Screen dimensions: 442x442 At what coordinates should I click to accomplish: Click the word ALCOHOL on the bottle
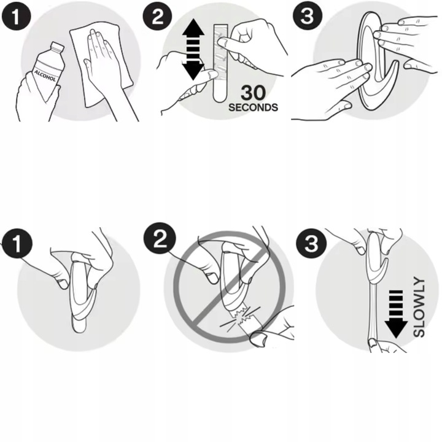(x=45, y=76)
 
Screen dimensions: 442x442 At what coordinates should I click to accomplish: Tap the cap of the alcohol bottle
(x=58, y=47)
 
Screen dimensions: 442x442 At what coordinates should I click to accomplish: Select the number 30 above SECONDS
(x=254, y=93)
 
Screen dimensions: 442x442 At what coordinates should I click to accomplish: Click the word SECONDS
(x=253, y=107)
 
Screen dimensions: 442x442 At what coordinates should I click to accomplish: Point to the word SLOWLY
(x=419, y=307)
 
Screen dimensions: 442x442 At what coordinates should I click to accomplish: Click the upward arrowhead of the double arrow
(x=193, y=28)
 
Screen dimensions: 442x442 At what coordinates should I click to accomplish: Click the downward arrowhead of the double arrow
(x=193, y=71)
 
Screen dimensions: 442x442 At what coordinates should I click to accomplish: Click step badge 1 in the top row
(x=16, y=16)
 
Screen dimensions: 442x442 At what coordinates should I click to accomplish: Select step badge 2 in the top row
(x=157, y=16)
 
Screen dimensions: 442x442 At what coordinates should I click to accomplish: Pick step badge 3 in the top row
(x=308, y=16)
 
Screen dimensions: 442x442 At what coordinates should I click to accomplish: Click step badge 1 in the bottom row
(x=17, y=244)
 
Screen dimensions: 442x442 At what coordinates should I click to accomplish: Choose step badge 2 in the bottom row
(x=160, y=239)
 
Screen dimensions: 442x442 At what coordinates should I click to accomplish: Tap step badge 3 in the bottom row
(x=311, y=243)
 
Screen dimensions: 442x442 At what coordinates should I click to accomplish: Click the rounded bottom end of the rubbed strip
(x=220, y=97)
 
